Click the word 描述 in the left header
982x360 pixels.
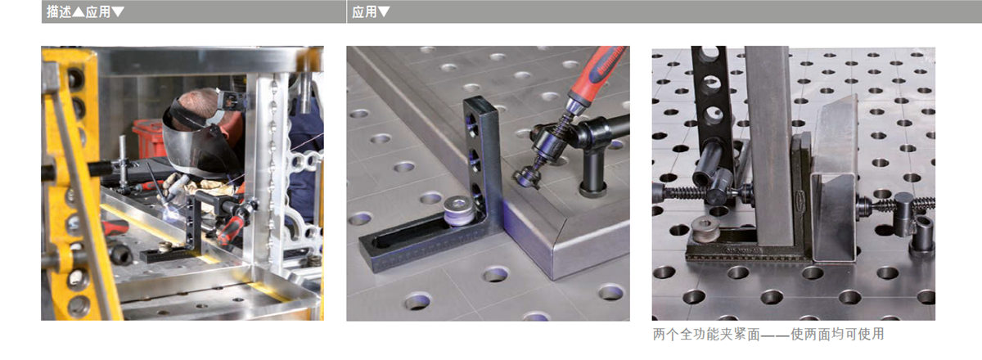point(59,11)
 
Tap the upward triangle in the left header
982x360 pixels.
point(78,11)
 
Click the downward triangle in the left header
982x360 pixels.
point(118,11)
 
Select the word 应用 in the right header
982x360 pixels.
point(364,11)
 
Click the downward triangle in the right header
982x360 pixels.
point(384,11)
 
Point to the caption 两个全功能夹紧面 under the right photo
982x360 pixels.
point(706,335)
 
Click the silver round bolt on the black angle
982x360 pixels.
point(458,209)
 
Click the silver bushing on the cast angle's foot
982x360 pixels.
point(705,228)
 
